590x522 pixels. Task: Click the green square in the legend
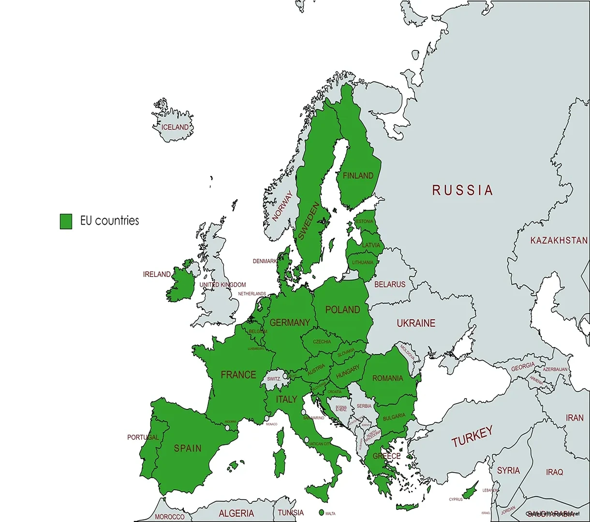click(66, 221)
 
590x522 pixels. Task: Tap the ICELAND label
click(175, 127)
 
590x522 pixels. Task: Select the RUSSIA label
click(462, 190)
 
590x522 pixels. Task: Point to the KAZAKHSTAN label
click(559, 240)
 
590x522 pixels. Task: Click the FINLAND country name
click(358, 176)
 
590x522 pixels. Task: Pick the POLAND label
click(342, 310)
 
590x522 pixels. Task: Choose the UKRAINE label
click(416, 323)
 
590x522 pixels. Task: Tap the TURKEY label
click(472, 436)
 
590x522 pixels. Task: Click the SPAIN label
click(188, 449)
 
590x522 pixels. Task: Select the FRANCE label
click(238, 375)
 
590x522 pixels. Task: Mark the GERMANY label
click(290, 322)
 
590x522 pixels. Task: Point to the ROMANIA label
click(387, 378)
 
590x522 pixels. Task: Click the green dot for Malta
click(321, 512)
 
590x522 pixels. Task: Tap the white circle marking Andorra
click(227, 427)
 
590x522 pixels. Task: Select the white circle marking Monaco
click(266, 418)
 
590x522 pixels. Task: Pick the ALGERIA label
click(236, 513)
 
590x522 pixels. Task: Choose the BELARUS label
click(390, 285)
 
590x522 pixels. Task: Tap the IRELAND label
click(157, 275)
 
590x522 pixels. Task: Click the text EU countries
click(109, 221)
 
